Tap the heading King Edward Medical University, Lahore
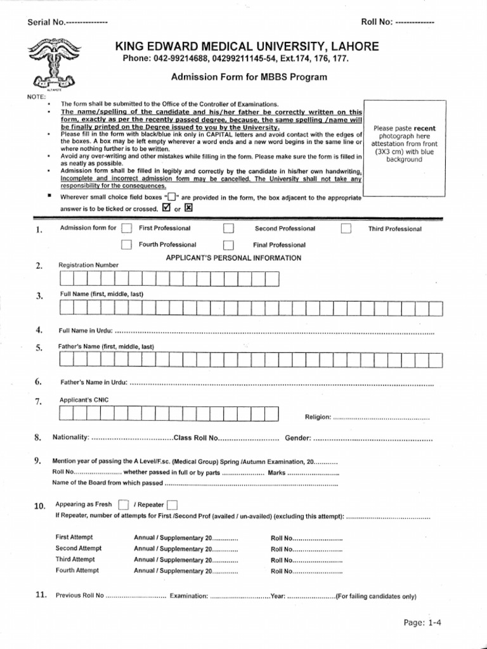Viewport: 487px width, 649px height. coord(247,46)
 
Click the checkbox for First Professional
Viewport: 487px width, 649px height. coord(127,229)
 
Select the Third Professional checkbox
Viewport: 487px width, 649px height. coord(346,229)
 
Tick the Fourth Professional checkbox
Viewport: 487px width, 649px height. coord(127,245)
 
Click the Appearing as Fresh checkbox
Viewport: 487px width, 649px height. coord(124,505)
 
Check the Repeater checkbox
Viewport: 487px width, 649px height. coord(171,505)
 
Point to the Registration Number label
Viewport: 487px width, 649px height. coord(88,265)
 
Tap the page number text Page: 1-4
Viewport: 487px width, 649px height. coord(422,623)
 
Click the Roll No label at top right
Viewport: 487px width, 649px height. coord(377,22)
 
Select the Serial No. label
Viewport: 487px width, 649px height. coord(46,23)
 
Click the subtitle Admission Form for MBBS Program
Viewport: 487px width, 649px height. coord(249,77)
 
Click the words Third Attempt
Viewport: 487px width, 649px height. coord(75,560)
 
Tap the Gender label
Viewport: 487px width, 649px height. coord(297,438)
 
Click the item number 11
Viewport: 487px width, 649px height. coord(40,594)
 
